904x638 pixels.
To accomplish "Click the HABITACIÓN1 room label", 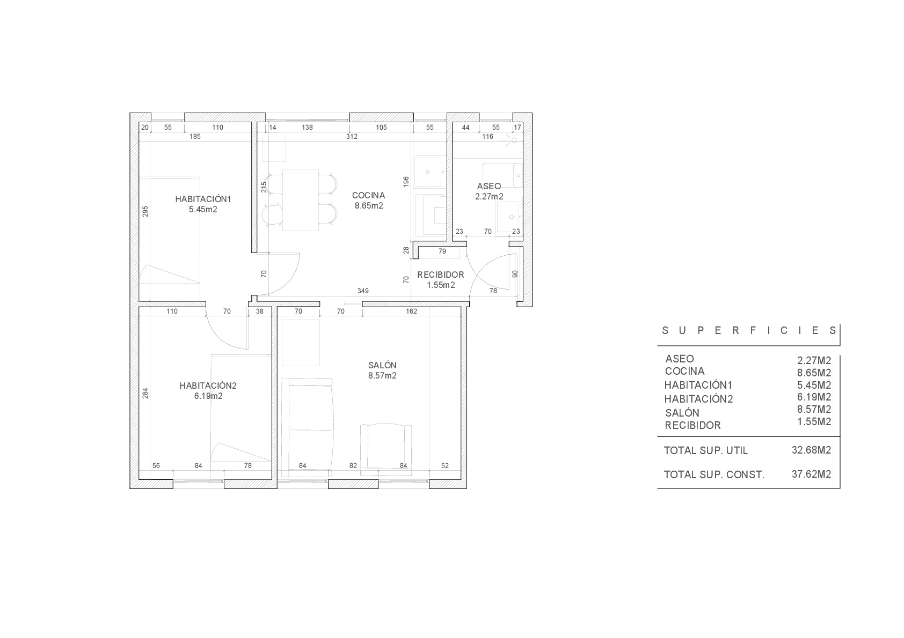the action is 203,199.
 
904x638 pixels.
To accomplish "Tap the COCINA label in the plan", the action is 368,196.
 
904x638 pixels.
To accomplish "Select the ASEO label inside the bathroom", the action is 489,186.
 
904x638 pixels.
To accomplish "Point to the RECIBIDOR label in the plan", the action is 441,275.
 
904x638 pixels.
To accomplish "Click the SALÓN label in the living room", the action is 382,366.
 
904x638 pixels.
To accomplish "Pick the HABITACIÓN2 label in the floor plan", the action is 208,385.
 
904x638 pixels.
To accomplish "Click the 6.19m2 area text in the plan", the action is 208,396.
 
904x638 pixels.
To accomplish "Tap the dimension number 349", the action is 363,291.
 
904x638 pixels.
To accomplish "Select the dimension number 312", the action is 352,137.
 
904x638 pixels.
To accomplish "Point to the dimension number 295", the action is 145,212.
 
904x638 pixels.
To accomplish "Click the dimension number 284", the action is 145,394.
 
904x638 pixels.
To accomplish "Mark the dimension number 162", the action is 411,311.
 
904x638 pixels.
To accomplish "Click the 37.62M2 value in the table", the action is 811,474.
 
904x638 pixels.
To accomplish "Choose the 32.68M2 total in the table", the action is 811,450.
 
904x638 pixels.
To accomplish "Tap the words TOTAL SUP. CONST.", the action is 714,475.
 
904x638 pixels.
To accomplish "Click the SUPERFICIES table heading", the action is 749,331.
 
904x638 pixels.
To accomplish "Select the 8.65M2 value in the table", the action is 814,373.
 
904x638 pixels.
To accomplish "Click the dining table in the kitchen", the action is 301,200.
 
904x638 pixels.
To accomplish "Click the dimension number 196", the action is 406,181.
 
